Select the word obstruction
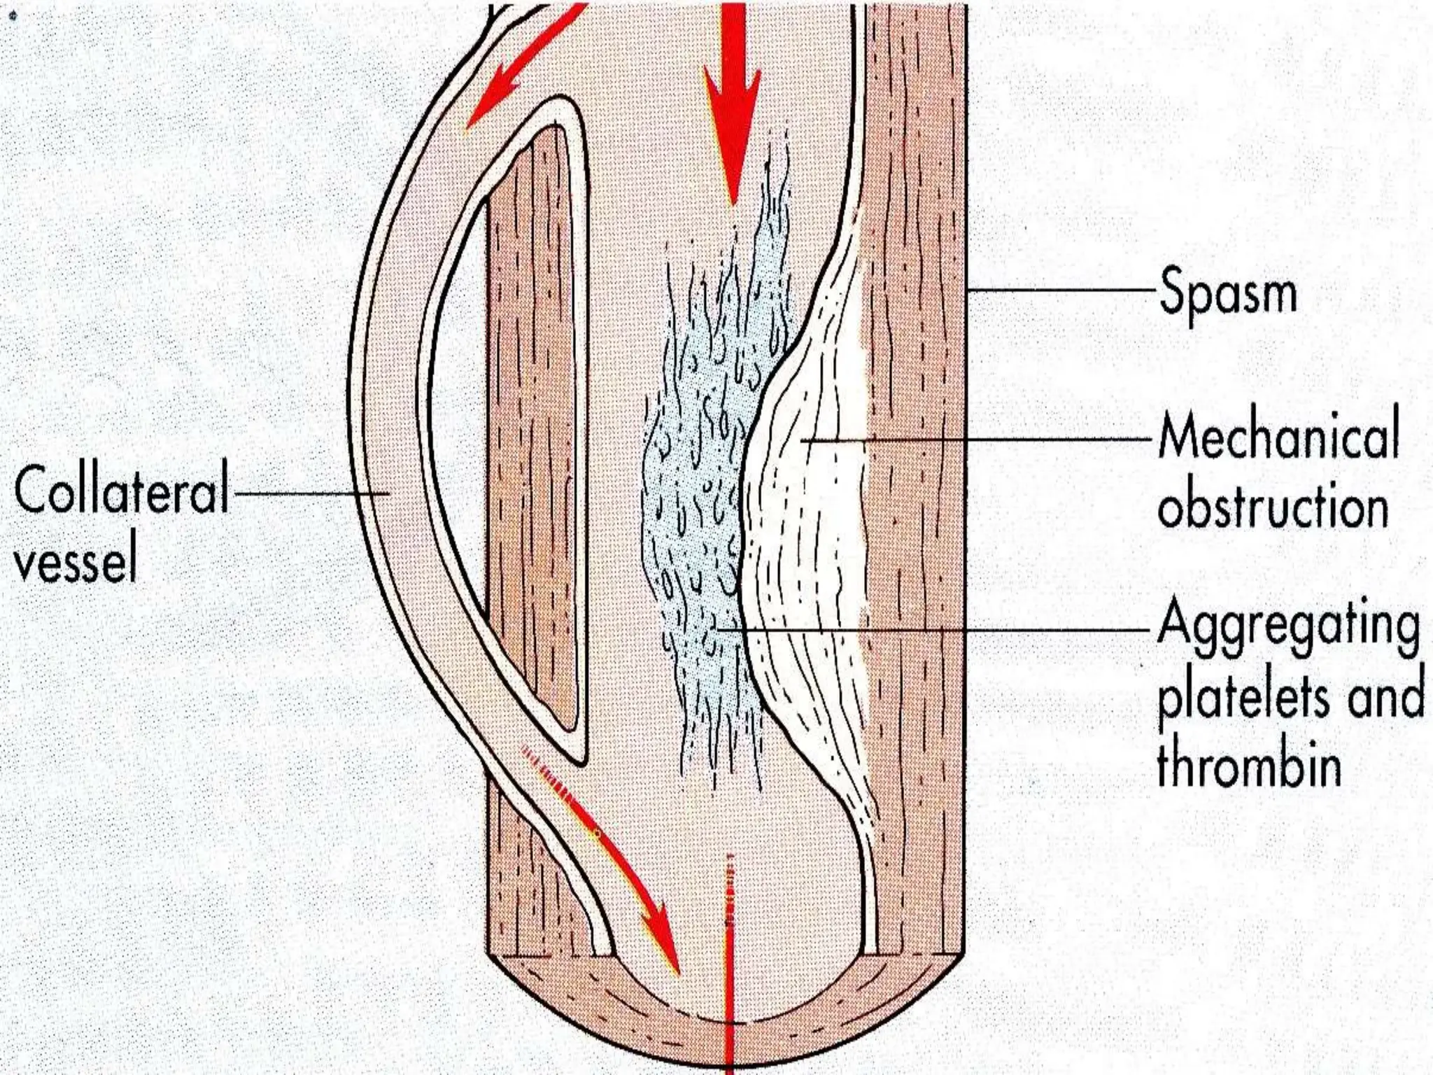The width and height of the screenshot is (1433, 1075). coord(1273,505)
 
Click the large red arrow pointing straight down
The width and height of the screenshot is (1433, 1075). coord(731,105)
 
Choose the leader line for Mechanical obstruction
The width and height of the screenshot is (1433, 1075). coord(980,440)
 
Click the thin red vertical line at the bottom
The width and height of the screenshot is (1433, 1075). coord(728,980)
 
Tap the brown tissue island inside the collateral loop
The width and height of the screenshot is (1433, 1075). coord(535,420)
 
